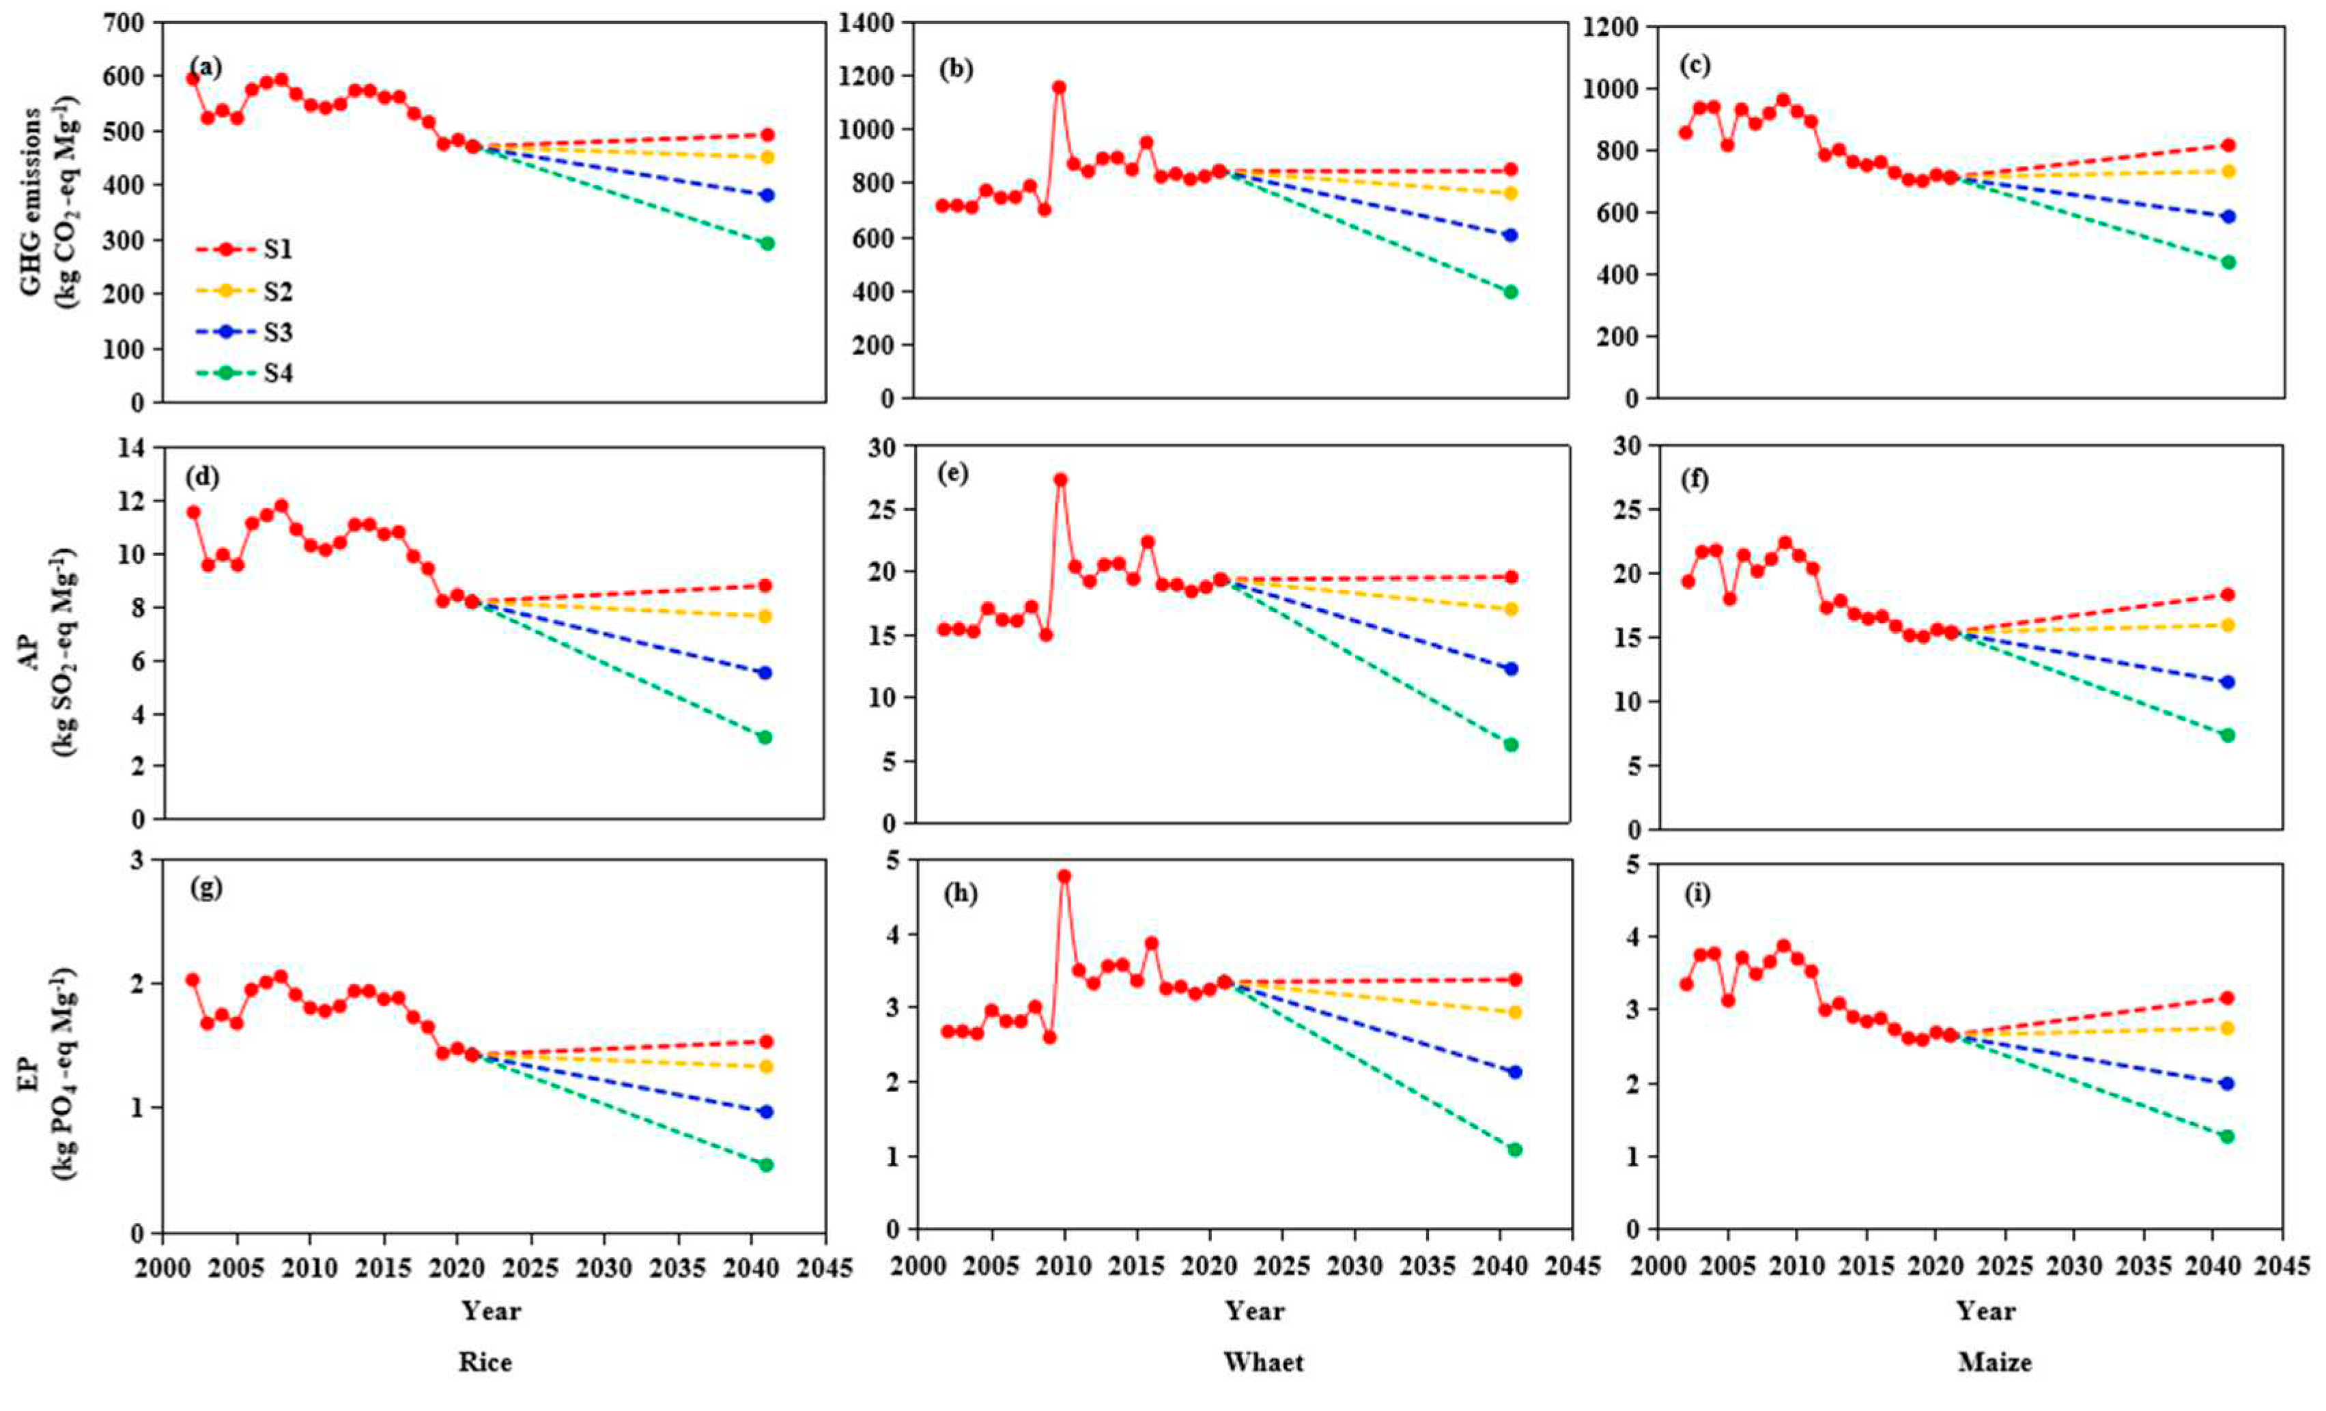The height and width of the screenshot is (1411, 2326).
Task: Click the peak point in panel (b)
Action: (x=1059, y=87)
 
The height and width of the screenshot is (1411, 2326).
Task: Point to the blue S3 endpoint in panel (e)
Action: (x=1510, y=669)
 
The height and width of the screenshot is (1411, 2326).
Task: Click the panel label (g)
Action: (x=205, y=888)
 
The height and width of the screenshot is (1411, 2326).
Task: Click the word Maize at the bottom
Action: (x=1994, y=1362)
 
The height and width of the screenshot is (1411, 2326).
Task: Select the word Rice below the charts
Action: (x=485, y=1362)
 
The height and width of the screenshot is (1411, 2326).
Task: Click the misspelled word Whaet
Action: (x=1263, y=1362)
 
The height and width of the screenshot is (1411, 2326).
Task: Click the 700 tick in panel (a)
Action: (x=126, y=22)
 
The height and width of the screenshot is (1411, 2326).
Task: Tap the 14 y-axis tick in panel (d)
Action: (x=132, y=447)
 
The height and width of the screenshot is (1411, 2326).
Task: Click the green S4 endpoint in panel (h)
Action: (x=1515, y=1149)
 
